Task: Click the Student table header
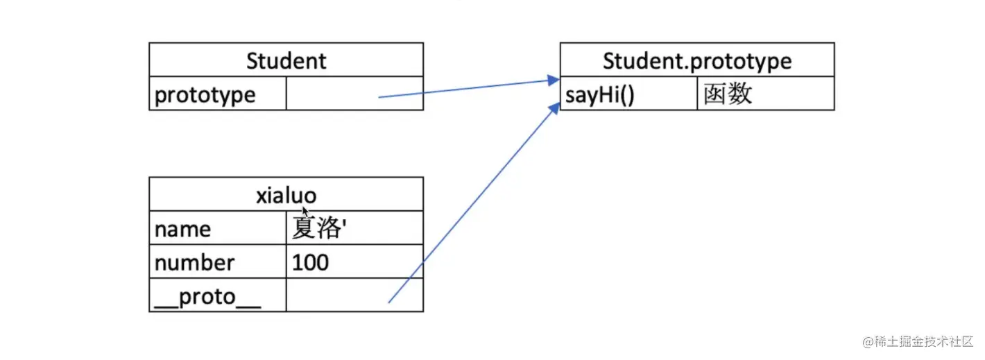[x=286, y=60]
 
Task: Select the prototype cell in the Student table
[x=205, y=94]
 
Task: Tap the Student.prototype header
[x=696, y=60]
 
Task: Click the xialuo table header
[x=286, y=195]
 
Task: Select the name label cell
[x=182, y=229]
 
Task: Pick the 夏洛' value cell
[x=318, y=229]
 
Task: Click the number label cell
[x=194, y=263]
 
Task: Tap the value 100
[x=310, y=263]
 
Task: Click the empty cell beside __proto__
[x=354, y=296]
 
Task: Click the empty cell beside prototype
[x=354, y=94]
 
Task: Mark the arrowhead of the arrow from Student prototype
[x=554, y=81]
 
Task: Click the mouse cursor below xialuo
[x=305, y=212]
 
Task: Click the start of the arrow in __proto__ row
[x=388, y=302]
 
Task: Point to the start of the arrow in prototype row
[x=379, y=97]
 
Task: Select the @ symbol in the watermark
[x=867, y=342]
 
